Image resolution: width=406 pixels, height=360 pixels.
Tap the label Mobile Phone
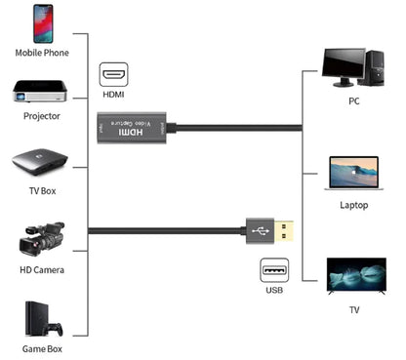(41, 53)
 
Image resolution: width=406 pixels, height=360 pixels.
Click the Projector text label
(41, 116)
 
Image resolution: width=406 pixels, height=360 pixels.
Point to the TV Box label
(41, 190)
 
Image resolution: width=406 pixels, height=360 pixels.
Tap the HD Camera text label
(41, 269)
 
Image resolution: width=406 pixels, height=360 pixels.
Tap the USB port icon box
(274, 270)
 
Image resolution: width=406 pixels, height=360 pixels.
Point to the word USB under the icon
(274, 291)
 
